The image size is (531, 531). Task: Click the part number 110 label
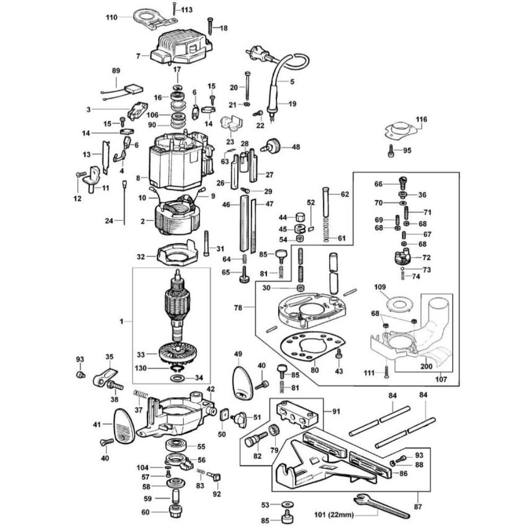pyautogui.click(x=111, y=17)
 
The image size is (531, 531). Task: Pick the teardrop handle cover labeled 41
pyautogui.click(x=123, y=425)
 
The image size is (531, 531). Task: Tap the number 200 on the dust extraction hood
pyautogui.click(x=425, y=367)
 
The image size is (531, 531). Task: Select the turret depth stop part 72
pyautogui.click(x=405, y=259)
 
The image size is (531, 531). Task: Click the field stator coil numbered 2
pyautogui.click(x=177, y=218)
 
